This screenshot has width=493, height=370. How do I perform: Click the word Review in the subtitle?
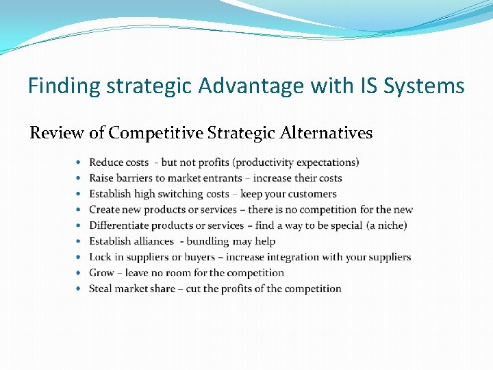57,133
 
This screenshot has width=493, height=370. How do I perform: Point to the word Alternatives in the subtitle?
327,133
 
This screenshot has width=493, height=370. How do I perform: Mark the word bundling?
208,241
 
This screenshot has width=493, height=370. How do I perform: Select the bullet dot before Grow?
79,273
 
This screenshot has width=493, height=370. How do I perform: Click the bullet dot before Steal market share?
79,288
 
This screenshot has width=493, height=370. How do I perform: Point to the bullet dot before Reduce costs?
79,162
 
